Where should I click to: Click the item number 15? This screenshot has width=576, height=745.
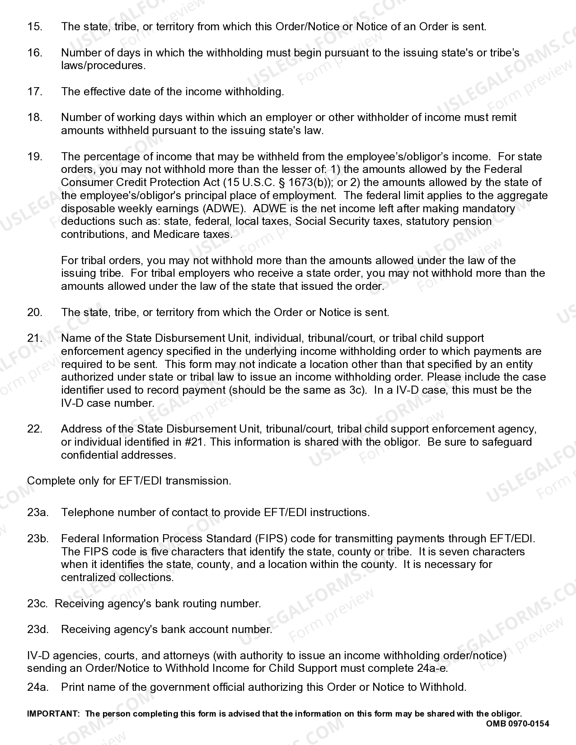35,27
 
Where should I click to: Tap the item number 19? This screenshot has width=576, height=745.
35,157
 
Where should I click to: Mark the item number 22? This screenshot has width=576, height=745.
35,429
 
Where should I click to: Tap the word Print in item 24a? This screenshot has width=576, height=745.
72,687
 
